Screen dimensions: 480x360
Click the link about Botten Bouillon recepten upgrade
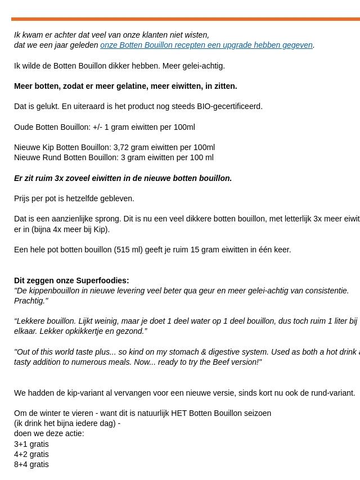(206, 45)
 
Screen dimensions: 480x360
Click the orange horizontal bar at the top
(186, 19)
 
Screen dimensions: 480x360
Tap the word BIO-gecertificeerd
(229, 106)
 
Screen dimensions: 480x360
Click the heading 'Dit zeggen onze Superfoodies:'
(71, 280)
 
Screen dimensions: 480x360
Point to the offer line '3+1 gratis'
(31, 444)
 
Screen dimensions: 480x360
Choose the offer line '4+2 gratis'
(31, 454)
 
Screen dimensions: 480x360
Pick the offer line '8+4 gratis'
(31, 464)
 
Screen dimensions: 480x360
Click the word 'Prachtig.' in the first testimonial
(31, 301)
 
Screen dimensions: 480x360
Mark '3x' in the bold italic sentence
(60, 178)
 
